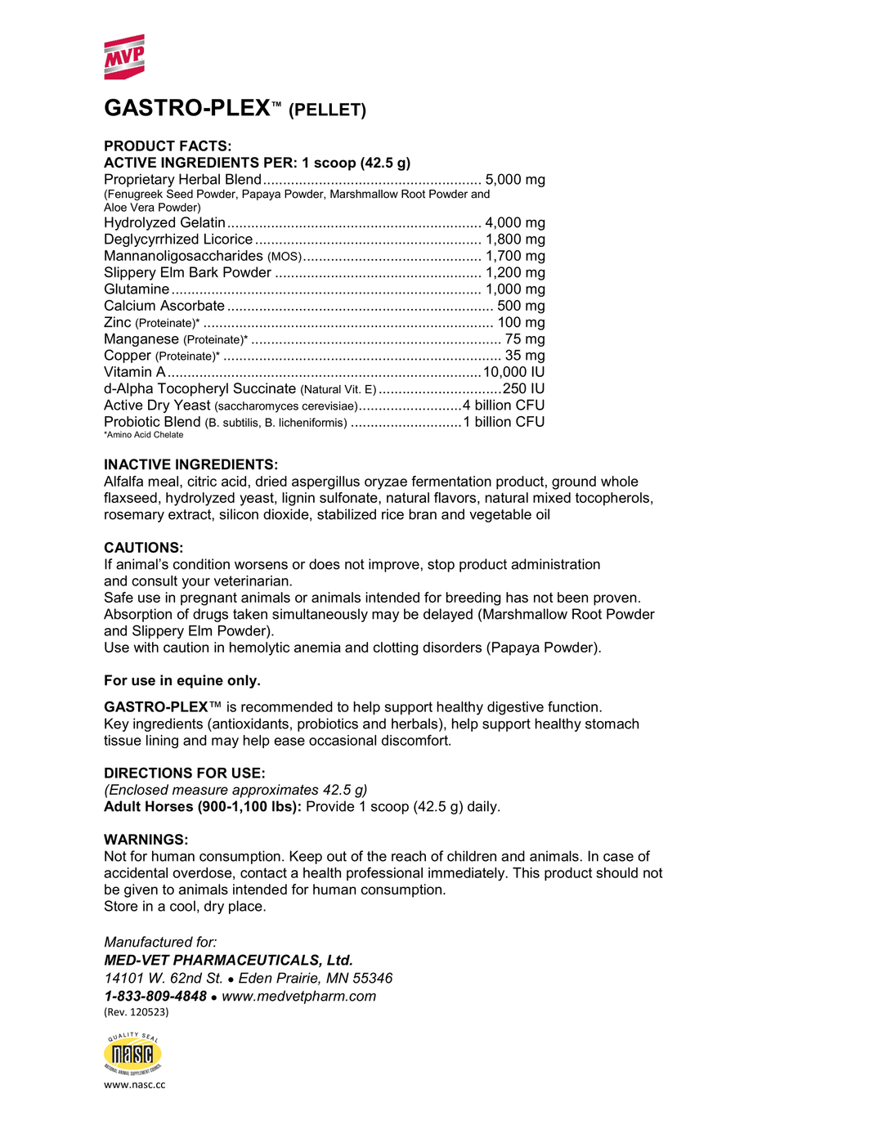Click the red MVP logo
pos(124,57)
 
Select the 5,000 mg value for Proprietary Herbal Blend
pos(515,180)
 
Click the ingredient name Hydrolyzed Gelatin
pos(164,222)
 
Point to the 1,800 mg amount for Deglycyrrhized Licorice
pos(515,240)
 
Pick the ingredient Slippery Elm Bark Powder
pos(187,272)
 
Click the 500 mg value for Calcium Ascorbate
pos(521,306)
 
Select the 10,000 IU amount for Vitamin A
pos(514,372)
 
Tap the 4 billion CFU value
pos(504,406)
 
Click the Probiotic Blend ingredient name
pos(152,422)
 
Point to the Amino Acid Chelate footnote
pos(144,435)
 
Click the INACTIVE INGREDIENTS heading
pos(190,464)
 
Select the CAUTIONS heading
pos(144,548)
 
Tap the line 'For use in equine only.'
pos(182,680)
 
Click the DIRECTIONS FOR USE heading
pos(185,773)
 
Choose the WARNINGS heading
pos(146,840)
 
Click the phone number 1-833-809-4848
pos(155,996)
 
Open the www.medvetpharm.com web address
pos(299,996)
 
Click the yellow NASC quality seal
pos(132,1054)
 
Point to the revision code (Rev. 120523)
pos(137,1012)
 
